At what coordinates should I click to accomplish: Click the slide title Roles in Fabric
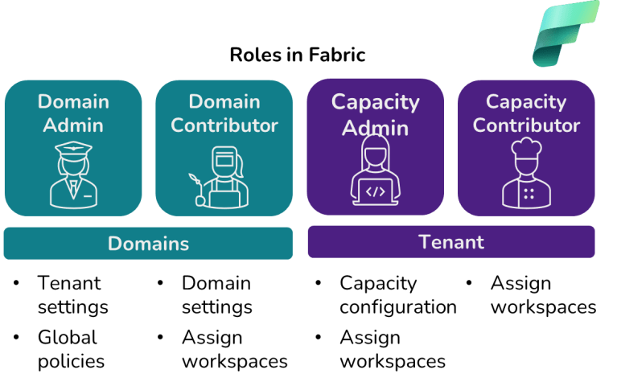coord(298,55)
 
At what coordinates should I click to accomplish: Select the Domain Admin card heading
coord(73,113)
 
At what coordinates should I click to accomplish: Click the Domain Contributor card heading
coord(224,113)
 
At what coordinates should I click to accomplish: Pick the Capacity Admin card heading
coord(375,114)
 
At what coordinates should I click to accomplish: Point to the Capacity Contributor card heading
coord(526,113)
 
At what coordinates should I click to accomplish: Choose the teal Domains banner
coord(148,244)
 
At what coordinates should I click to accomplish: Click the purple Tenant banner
coord(450,242)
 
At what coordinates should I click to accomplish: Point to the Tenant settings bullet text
coord(72,295)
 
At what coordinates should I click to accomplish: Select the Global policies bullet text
coord(71,349)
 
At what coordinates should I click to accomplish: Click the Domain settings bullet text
coord(216,295)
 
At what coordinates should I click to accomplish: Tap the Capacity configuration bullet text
coord(397,295)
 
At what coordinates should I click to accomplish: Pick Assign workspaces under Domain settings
coord(234,349)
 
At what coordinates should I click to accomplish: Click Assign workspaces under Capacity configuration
coord(392,349)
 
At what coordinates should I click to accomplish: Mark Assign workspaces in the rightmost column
coord(543,295)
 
